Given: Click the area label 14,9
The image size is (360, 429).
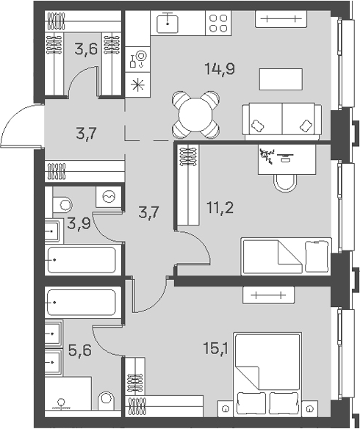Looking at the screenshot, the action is (x=220, y=69).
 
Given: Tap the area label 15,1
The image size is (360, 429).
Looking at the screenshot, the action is (x=215, y=348).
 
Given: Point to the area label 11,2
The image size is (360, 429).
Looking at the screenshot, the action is (x=220, y=209).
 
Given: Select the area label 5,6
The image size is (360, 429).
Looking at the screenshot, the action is (x=80, y=350).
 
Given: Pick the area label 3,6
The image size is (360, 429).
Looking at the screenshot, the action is (x=86, y=49).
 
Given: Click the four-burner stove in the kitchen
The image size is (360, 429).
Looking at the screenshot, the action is (x=218, y=23).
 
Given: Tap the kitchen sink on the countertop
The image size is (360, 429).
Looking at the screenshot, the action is (x=168, y=23).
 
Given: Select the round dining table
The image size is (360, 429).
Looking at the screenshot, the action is (x=195, y=115).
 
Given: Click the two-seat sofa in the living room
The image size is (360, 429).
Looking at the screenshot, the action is (x=282, y=121).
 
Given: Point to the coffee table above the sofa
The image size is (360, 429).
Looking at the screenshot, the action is (x=281, y=79).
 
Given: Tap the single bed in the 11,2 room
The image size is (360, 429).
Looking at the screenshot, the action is (x=286, y=256).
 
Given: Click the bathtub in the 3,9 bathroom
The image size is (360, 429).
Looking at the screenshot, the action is (x=82, y=260).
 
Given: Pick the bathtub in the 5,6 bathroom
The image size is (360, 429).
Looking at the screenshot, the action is (x=82, y=303).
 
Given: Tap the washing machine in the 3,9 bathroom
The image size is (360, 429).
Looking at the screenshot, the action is (x=109, y=196).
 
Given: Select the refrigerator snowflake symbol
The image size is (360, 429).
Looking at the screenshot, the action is (x=137, y=84).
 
